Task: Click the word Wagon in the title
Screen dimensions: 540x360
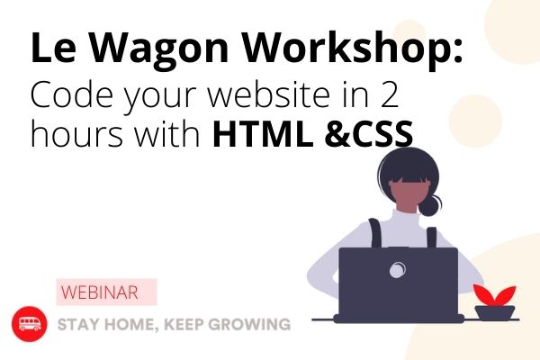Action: point(158,50)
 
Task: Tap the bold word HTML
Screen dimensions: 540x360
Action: point(263,133)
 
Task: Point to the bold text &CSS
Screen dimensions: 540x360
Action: point(369,133)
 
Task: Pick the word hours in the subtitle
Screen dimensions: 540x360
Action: point(76,133)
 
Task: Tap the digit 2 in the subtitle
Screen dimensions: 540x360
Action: point(390,94)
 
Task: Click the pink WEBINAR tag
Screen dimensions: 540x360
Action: point(106,292)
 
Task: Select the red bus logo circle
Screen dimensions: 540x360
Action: point(30,324)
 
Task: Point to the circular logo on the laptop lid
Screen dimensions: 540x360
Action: point(398,269)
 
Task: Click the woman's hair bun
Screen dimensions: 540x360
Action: point(430,205)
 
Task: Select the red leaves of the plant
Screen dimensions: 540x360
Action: point(494,295)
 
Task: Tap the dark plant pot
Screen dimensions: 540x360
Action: point(495,313)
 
